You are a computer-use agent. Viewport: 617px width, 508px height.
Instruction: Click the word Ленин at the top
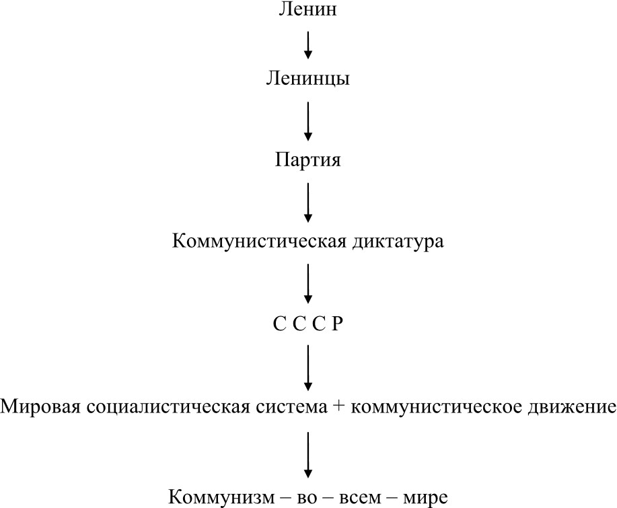point(307,9)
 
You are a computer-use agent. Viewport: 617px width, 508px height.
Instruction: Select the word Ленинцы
point(307,78)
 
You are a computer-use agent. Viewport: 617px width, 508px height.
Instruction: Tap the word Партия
point(307,159)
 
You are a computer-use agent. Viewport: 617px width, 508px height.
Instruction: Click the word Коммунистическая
point(259,241)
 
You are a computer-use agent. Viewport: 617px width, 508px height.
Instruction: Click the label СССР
point(307,324)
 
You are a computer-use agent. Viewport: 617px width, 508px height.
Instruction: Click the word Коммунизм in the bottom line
point(221,497)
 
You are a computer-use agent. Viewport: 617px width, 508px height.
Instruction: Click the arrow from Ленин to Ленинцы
point(308,45)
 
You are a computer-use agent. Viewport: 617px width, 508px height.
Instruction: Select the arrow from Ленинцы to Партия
point(308,121)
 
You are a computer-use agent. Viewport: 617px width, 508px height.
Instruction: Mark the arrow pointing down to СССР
point(308,284)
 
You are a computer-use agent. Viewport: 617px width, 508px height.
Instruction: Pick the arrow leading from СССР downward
point(308,367)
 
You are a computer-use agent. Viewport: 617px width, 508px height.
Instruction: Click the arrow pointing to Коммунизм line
point(308,455)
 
